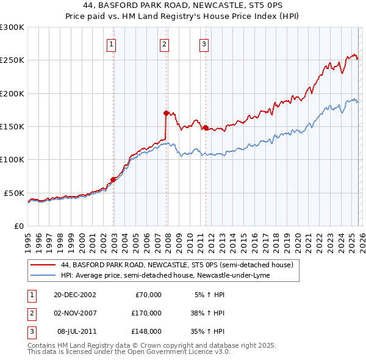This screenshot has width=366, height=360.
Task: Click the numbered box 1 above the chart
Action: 113,44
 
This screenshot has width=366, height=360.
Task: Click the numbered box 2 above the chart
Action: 165,44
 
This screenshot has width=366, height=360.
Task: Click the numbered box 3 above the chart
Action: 204,44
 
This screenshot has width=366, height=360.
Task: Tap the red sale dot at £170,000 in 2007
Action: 166,113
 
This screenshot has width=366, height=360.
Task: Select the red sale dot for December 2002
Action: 113,179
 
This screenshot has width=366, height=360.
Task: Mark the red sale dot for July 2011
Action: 206,128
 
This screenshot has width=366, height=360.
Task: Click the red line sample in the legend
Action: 43,265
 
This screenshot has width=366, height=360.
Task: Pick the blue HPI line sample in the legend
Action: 43,275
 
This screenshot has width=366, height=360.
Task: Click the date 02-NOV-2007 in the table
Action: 75,313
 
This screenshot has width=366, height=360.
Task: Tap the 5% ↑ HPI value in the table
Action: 209,295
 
